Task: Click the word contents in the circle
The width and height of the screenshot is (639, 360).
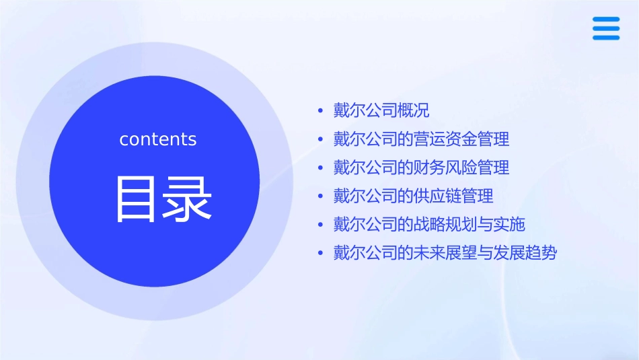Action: pyautogui.click(x=158, y=139)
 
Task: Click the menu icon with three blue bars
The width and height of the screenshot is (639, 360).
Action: pyautogui.click(x=605, y=28)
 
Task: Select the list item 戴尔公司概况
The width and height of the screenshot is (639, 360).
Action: pyautogui.click(x=381, y=110)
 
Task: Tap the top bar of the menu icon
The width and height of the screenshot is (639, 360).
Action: pyautogui.click(x=605, y=19)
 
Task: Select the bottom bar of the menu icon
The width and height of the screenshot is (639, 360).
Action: pyautogui.click(x=605, y=38)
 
